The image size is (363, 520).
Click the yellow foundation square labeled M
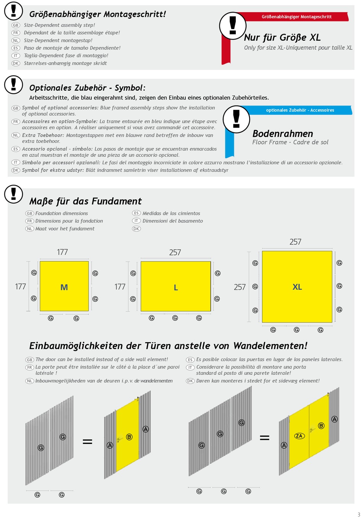tap(64, 286)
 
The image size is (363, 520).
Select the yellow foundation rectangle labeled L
tap(176, 286)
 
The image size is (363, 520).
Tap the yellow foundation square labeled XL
tap(297, 287)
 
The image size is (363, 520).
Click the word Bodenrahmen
tap(282, 134)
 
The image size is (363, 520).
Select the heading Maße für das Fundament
tap(85, 201)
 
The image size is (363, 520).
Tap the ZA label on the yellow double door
tap(299, 436)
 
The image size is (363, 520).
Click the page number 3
tap(359, 514)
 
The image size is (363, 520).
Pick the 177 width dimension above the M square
tap(62, 252)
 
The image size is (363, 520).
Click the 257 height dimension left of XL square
tap(240, 287)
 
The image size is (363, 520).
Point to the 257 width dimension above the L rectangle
tap(175, 252)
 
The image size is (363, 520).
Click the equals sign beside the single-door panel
tap(88, 441)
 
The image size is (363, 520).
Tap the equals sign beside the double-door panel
tap(264, 438)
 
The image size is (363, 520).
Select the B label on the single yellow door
tap(129, 437)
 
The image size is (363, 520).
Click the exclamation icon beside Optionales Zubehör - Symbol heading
tap(13, 84)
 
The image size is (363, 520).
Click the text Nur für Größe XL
tap(282, 37)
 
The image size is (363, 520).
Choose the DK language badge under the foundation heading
tap(136, 229)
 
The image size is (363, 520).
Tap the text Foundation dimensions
tap(62, 213)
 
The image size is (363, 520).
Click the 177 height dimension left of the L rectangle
tap(120, 287)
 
